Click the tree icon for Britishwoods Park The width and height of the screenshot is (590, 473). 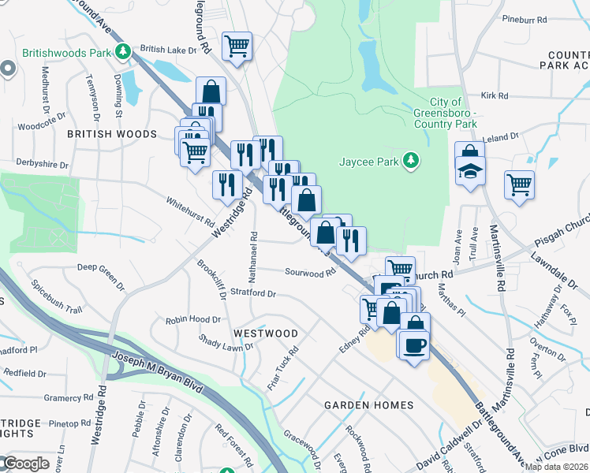[122, 53]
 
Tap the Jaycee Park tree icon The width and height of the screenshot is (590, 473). [410, 162]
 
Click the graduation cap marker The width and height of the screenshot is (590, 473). [470, 170]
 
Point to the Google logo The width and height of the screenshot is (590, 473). [27, 464]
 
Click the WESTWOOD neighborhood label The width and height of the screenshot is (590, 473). [266, 333]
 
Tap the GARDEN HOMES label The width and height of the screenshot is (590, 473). [369, 405]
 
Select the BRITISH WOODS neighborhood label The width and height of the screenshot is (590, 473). [112, 135]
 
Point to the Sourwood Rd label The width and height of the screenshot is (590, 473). [310, 274]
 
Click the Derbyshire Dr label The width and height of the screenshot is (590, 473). [43, 165]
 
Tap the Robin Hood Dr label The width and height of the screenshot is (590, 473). [192, 320]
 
